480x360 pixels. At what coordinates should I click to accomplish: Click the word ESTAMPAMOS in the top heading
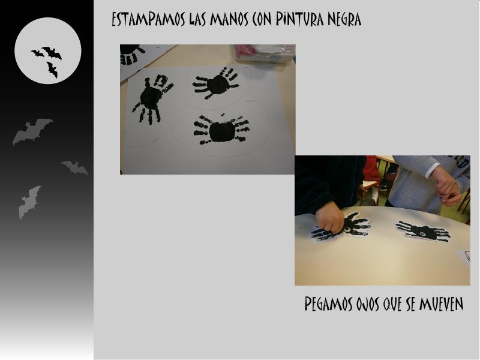[148, 19]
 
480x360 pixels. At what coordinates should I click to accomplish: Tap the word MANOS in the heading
[229, 19]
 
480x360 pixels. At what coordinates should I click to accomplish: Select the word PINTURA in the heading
[299, 19]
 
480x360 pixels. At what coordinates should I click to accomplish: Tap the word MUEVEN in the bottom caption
[441, 304]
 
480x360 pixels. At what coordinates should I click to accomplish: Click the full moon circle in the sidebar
[48, 50]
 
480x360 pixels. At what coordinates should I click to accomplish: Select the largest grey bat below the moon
[32, 131]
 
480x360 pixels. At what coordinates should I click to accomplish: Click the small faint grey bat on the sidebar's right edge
[74, 168]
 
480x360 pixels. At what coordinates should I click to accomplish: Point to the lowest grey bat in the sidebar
[29, 202]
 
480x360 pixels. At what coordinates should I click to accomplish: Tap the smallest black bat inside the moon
[38, 53]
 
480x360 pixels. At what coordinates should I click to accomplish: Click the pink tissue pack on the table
[265, 53]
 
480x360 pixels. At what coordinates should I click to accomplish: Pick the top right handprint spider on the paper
[216, 83]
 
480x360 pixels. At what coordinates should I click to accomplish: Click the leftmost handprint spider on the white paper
[152, 98]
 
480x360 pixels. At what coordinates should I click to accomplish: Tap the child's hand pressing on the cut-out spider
[329, 218]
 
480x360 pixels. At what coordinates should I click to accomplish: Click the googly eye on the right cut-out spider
[423, 234]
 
